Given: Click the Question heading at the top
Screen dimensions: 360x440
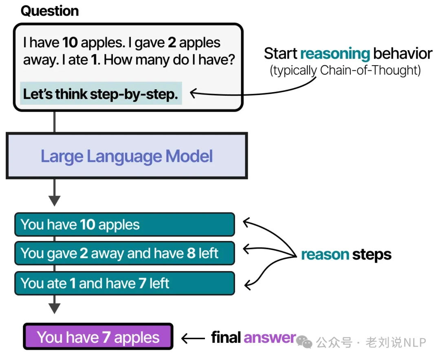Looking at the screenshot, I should coord(50,11).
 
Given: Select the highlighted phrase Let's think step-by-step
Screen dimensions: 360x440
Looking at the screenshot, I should coord(101,94).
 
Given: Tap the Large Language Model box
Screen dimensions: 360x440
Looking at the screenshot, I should coord(126,156).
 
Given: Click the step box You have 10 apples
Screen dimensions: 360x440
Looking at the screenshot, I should coord(124,225).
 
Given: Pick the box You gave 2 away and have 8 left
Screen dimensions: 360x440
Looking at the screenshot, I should coord(124,253).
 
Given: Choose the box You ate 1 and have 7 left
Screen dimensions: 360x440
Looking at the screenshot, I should coord(124,283).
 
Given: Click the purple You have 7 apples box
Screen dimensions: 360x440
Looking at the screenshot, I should coord(98,337).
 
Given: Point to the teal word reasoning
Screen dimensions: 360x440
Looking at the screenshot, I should coord(335,54).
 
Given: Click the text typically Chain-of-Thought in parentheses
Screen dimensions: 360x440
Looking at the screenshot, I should coord(345,71).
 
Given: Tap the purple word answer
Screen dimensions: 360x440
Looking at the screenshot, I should coord(270,337).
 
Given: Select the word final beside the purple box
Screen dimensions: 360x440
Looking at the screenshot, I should coord(226,337).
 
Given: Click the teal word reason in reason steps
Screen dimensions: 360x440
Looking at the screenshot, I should coord(325,255).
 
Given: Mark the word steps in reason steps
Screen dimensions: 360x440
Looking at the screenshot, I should coord(372,255).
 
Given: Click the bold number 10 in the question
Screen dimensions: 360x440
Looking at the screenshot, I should coord(70,42).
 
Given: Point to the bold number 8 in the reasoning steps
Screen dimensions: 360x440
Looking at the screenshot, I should coord(191,253).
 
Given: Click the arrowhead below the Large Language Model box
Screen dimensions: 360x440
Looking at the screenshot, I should coord(54,200).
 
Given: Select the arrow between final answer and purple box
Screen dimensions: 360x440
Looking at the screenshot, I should coord(193,338).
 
